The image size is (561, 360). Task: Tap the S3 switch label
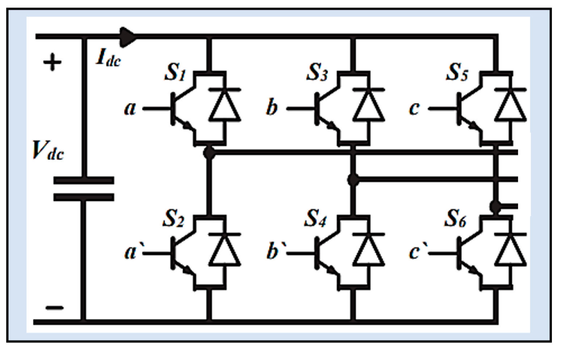pos(317,72)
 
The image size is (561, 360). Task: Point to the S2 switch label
pos(173,218)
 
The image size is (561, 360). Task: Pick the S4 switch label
pos(315,218)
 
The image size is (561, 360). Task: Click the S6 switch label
pos(455,218)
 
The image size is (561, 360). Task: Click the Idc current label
pos(108,58)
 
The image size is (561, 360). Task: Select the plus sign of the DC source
pos(52,62)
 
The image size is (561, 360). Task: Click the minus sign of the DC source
pos(55,308)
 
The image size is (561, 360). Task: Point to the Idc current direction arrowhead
pos(128,37)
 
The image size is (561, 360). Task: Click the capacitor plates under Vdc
pos(84,189)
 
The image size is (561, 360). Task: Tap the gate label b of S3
pos(272,108)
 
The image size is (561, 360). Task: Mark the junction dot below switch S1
pos(209,153)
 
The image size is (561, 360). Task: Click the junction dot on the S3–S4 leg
pos(353,180)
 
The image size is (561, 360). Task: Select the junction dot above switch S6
pos(495,207)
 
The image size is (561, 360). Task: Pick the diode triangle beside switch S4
pos(368,251)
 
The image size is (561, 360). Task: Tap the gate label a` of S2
pos(132,252)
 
